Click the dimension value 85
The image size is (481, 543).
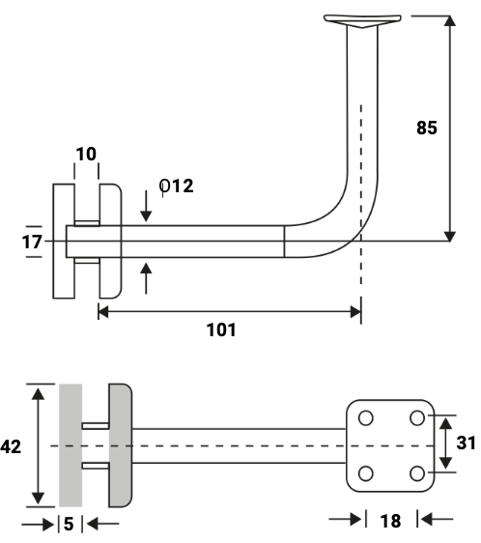tap(427, 128)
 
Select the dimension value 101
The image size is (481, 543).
tap(221, 329)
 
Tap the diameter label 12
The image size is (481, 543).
tap(177, 186)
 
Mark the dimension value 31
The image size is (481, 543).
tap(467, 443)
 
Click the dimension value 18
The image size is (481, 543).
tap(390, 522)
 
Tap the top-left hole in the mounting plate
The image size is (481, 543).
tap(365, 418)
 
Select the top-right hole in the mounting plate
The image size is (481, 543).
tap(417, 418)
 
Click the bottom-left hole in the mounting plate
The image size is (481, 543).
tap(365, 472)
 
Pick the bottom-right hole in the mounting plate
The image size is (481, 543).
tap(417, 472)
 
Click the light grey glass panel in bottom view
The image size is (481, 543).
tap(71, 444)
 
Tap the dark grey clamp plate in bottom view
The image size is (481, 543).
tap(119, 444)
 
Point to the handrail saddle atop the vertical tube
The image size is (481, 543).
tap(361, 20)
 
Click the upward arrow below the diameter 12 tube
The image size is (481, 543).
tap(146, 277)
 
